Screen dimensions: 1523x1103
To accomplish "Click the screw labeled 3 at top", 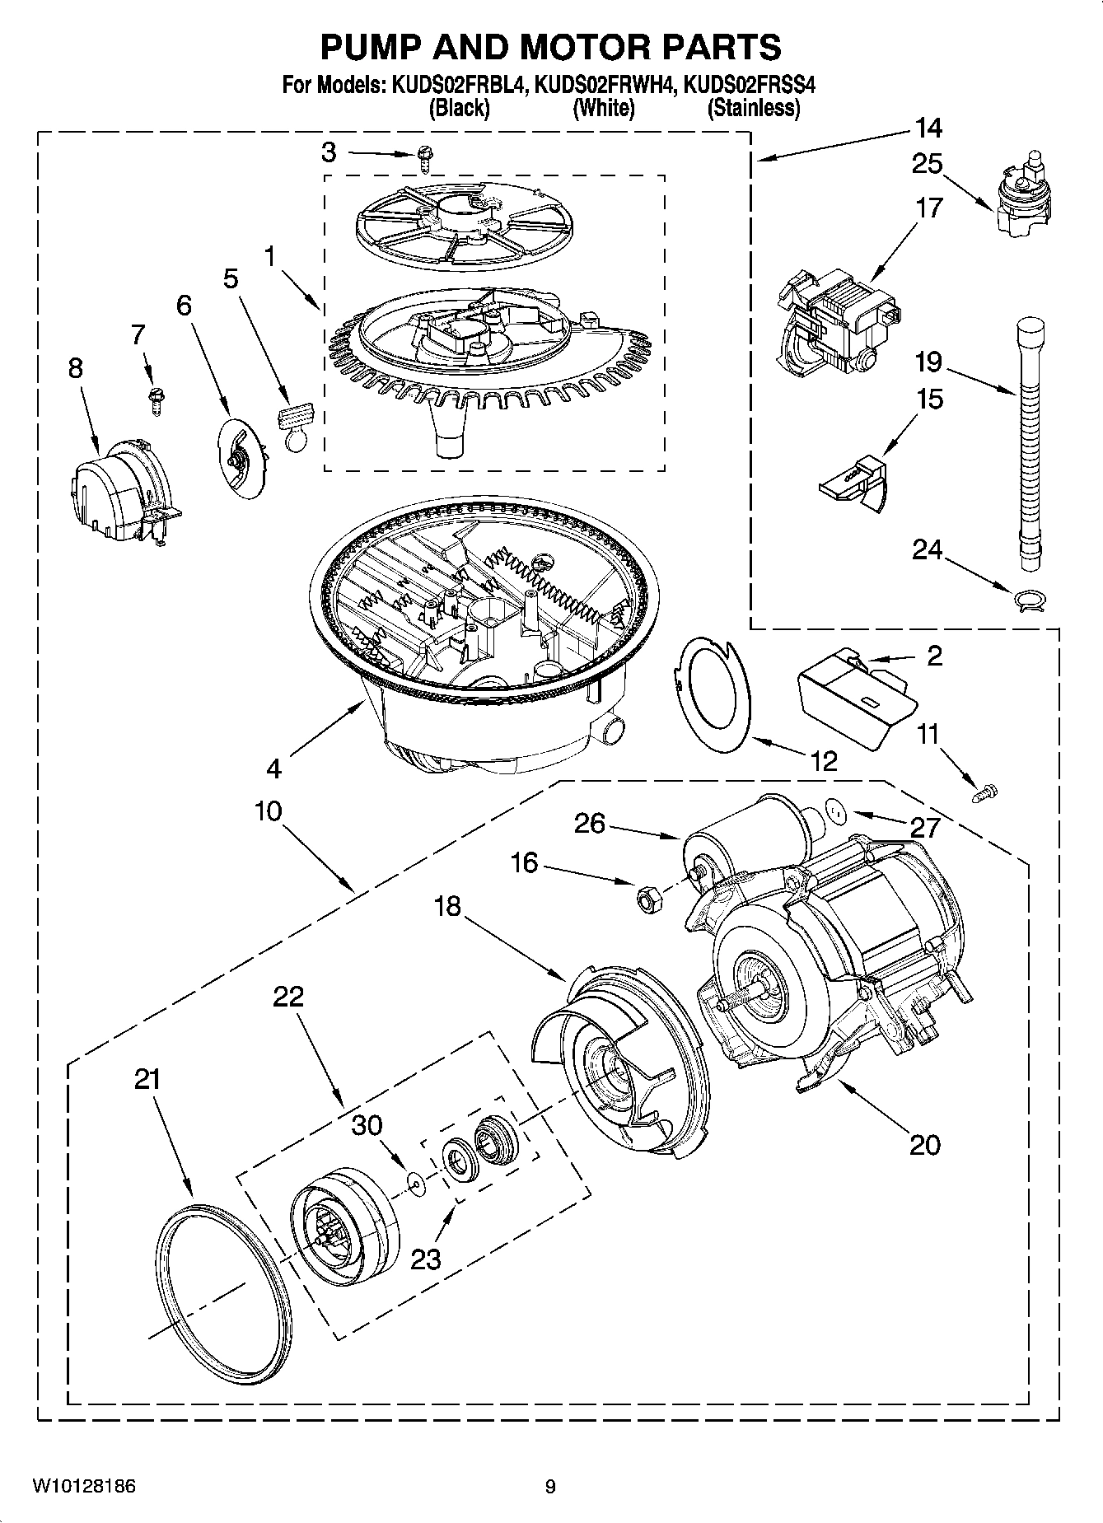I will point(425,157).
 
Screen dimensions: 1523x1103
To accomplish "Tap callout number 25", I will point(927,164).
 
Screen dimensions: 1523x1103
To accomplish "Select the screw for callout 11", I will point(984,793).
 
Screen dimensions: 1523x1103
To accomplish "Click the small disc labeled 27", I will point(836,812).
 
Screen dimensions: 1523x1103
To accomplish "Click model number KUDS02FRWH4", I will point(605,85).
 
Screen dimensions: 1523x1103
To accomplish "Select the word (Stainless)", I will point(754,108).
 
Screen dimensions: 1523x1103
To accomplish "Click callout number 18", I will point(447,907).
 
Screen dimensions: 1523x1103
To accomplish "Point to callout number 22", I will point(288,997).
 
